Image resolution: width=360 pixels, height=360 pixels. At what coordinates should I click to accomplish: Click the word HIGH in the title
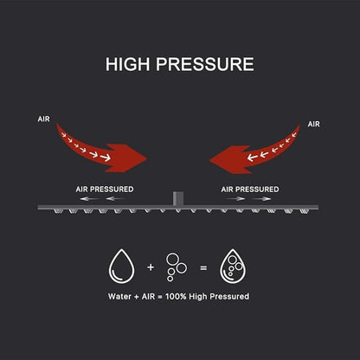click(x=129, y=64)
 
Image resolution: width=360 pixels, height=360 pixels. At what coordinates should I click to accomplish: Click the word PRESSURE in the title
click(x=205, y=64)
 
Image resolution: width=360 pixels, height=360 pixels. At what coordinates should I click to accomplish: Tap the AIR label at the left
click(x=43, y=119)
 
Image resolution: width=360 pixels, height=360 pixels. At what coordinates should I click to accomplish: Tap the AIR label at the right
click(x=313, y=124)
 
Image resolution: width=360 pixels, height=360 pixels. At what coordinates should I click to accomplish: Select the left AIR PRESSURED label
click(x=105, y=190)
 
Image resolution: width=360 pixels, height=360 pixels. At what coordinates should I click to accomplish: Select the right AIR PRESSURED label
click(x=250, y=190)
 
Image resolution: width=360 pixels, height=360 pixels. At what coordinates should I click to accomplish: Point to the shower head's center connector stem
click(x=178, y=198)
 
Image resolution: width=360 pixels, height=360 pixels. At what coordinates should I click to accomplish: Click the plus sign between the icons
click(x=151, y=267)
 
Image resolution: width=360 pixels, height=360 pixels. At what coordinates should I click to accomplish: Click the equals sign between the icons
click(x=203, y=268)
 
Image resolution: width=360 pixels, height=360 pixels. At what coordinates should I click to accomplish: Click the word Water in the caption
click(x=119, y=297)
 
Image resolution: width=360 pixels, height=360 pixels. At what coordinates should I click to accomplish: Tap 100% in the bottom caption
click(x=176, y=297)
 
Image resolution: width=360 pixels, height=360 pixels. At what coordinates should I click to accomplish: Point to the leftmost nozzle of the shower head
click(x=57, y=211)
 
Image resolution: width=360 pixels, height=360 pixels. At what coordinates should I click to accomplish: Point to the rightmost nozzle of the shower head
click(x=303, y=211)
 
